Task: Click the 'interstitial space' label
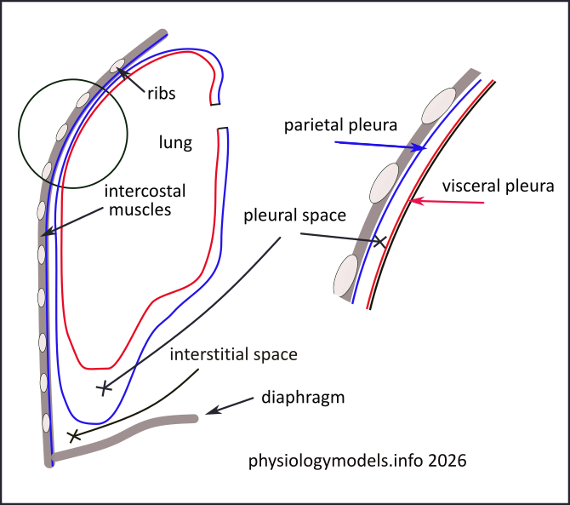233,354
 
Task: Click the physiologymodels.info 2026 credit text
357,462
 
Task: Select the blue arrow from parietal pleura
379,146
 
